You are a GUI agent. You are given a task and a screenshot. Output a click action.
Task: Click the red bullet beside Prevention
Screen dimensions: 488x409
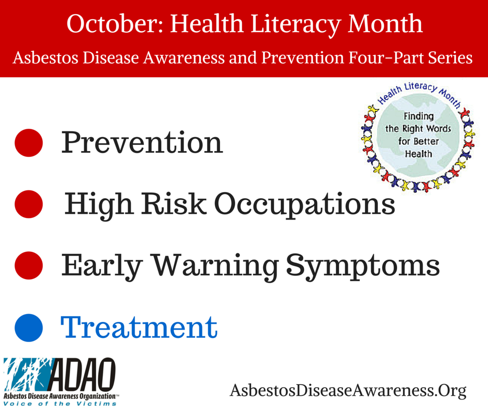[x=29, y=143]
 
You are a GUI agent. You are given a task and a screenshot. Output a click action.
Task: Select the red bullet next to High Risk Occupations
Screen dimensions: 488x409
[x=29, y=204]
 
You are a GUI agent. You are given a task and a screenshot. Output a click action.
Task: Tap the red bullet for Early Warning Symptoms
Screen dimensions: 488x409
[x=29, y=266]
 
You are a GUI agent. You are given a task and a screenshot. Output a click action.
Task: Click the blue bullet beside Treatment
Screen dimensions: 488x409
[x=29, y=328]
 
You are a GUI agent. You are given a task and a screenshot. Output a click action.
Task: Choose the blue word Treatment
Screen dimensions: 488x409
[x=139, y=327]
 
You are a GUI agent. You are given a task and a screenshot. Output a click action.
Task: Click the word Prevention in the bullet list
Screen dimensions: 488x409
[x=142, y=142]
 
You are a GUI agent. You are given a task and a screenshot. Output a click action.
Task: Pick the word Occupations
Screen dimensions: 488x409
[x=305, y=206]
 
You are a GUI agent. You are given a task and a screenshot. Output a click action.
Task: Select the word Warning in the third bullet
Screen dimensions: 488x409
[x=215, y=267]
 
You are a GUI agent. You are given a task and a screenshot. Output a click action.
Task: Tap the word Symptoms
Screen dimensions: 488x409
[x=363, y=267]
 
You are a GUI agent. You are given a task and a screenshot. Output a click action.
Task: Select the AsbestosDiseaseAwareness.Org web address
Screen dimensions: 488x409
[x=348, y=391]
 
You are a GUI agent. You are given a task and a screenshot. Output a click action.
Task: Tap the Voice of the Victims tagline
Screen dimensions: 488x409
[x=60, y=404]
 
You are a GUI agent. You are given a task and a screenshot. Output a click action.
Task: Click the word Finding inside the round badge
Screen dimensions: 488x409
[x=418, y=116]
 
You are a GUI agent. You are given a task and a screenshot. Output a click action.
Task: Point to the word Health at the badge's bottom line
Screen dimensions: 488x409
[x=418, y=154]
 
